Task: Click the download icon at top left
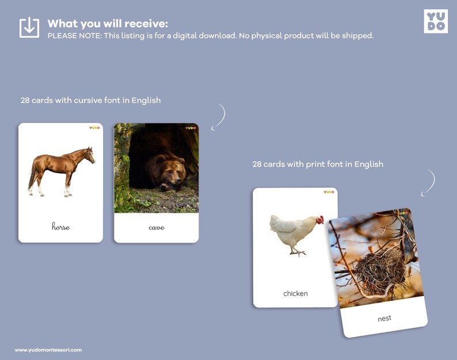point(29,28)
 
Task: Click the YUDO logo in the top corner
point(435,21)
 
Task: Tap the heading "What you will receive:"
point(108,24)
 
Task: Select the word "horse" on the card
point(60,227)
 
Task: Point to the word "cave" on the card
point(156,227)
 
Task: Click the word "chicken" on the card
point(295,293)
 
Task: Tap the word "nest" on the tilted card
point(384,318)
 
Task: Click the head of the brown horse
point(89,154)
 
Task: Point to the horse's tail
point(31,178)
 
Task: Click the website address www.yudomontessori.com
point(48,350)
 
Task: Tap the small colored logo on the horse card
point(94,128)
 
